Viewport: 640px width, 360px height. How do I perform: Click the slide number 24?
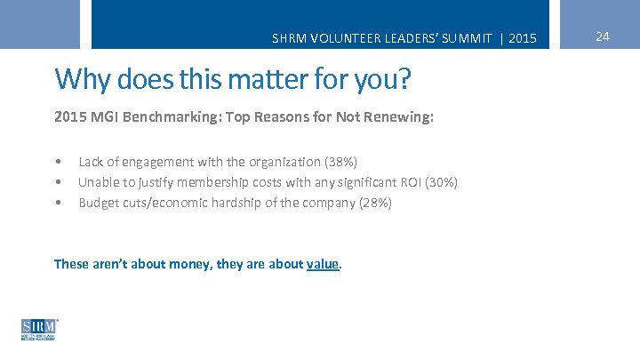[x=603, y=36]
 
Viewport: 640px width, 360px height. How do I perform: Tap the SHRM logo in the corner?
[x=39, y=329]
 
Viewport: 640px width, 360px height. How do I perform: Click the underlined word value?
[x=323, y=264]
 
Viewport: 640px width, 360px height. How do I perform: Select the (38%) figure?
[x=341, y=162]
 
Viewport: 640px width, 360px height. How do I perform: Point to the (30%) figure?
[x=442, y=182]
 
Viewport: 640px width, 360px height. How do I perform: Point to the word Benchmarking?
[x=166, y=117]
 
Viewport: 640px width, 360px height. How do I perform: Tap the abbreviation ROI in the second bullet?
[x=410, y=182]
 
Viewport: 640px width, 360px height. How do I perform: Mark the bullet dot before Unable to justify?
[x=57, y=182]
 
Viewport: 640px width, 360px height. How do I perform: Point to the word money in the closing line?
[x=190, y=264]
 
